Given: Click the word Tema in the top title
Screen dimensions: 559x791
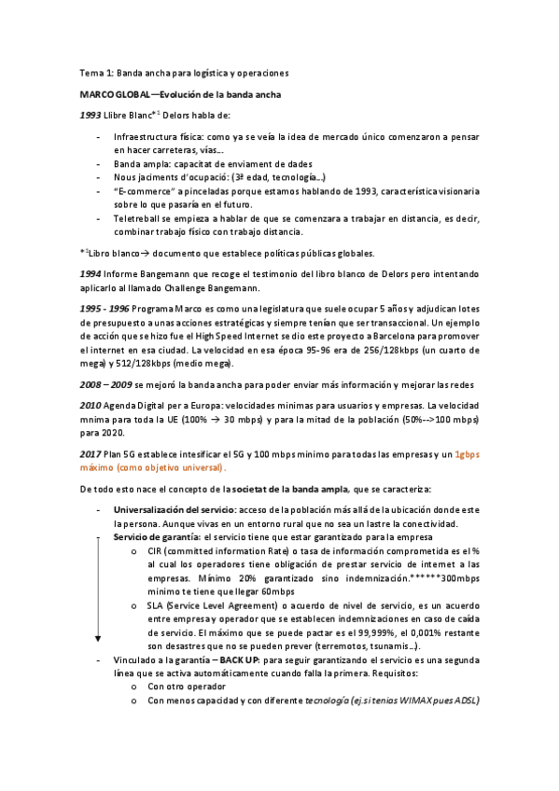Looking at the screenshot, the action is (x=91, y=72).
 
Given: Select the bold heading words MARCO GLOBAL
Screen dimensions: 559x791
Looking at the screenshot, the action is (x=112, y=95).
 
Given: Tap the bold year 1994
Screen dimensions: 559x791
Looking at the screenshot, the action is (x=91, y=274).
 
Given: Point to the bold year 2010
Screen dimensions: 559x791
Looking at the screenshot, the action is (x=91, y=409).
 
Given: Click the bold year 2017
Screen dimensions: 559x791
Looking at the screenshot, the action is (x=91, y=454).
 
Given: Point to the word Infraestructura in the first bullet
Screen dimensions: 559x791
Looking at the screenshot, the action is (x=144, y=136).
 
